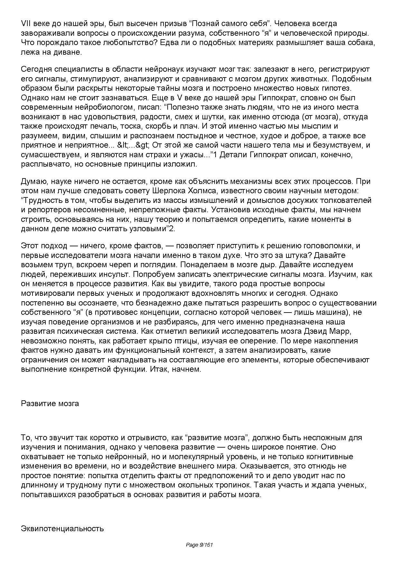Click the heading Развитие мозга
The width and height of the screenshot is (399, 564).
(x=50, y=403)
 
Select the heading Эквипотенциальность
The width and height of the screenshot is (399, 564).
(x=62, y=528)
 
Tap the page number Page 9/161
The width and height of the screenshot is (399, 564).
(x=200, y=545)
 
